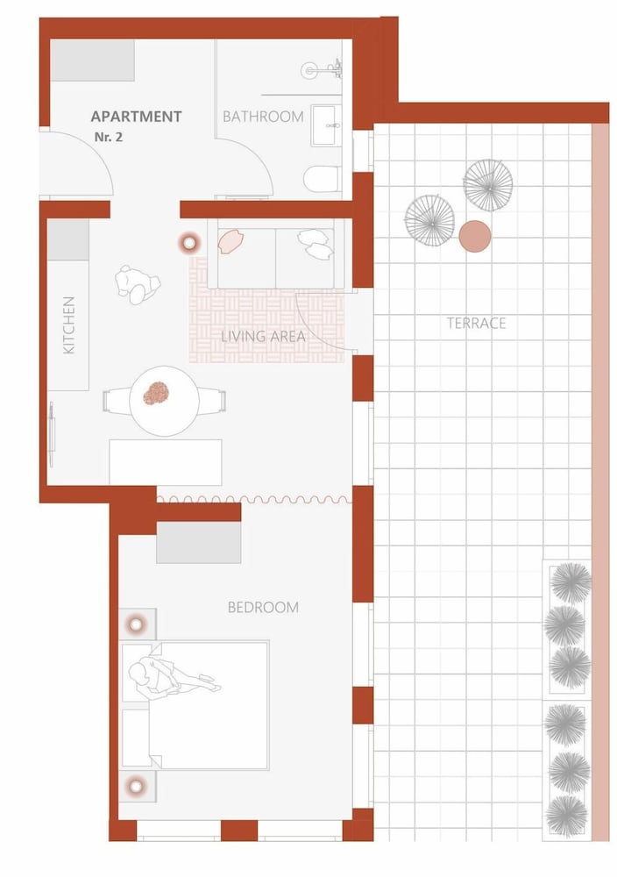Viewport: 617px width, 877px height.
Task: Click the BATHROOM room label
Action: tap(263, 117)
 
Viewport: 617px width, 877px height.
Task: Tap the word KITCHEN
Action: tap(68, 325)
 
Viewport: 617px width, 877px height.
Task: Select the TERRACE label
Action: tap(476, 323)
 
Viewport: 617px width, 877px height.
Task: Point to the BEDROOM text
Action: tap(263, 607)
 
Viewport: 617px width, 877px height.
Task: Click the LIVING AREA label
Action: tap(263, 336)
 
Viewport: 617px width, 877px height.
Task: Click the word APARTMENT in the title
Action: tap(136, 117)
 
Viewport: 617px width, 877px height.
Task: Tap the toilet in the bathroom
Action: tap(322, 179)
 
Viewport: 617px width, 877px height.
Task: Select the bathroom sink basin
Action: tap(327, 125)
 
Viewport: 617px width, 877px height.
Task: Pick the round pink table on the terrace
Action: tap(475, 236)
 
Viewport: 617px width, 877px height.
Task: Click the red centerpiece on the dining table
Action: tap(156, 393)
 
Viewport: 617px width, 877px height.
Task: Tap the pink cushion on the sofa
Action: tap(230, 242)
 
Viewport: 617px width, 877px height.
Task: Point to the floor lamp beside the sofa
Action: tap(189, 243)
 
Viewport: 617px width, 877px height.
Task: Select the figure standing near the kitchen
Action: tap(138, 284)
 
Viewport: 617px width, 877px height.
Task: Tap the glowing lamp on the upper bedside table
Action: tap(137, 624)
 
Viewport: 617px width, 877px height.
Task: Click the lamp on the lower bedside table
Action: tap(136, 787)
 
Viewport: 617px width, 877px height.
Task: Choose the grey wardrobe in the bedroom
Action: tap(198, 542)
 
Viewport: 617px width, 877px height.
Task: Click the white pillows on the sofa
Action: tap(315, 244)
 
